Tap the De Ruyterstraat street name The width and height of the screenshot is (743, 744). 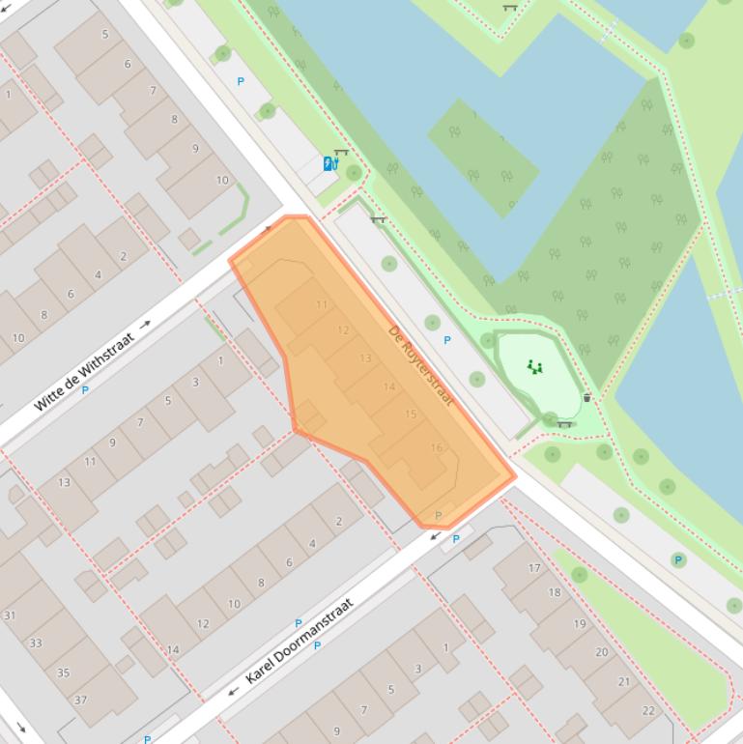tap(420, 365)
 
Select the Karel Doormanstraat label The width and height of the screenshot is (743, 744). tap(300, 641)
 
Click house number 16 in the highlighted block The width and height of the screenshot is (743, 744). tap(437, 447)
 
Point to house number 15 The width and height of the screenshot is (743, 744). tap(411, 415)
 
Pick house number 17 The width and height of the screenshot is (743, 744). tap(534, 568)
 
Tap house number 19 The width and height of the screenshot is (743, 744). tap(579, 623)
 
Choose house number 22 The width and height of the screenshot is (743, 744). tap(647, 710)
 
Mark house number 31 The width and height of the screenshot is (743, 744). tap(10, 615)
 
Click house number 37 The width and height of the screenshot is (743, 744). tap(80, 701)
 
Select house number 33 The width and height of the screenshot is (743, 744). tap(36, 643)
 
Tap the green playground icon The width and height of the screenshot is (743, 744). tap(534, 366)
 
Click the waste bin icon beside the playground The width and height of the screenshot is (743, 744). tap(586, 397)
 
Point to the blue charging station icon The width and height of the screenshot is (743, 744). tap(329, 164)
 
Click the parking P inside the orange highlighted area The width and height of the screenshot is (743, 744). tap(439, 516)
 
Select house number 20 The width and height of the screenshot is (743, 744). tap(601, 652)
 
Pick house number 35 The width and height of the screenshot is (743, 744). tap(63, 673)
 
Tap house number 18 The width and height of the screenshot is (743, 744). tap(555, 592)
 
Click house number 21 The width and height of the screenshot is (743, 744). tap(623, 681)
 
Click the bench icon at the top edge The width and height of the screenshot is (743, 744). tap(509, 8)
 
